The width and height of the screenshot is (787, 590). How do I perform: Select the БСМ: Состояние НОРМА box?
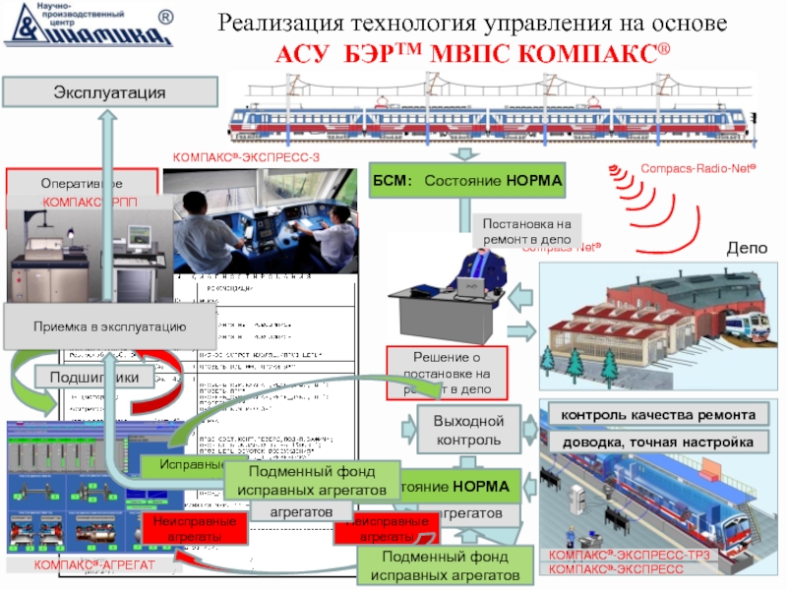(467, 182)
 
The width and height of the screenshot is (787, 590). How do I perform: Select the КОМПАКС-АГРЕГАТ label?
(93, 564)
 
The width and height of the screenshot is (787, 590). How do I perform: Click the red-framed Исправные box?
(182, 462)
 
